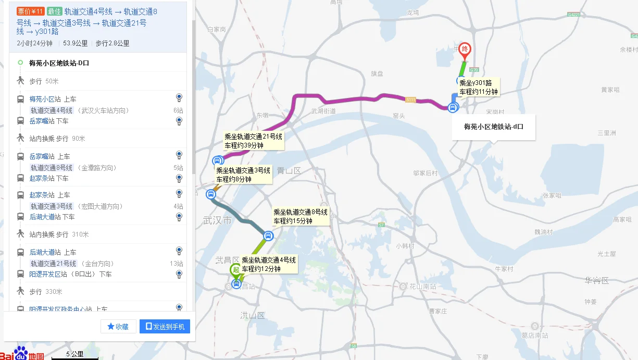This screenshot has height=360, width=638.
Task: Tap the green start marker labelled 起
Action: [236, 270]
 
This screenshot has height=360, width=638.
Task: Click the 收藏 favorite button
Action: [118, 327]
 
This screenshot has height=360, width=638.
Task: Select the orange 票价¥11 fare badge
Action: [30, 11]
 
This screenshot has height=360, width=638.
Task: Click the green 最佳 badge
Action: [54, 11]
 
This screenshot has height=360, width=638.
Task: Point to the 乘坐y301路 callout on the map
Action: [479, 87]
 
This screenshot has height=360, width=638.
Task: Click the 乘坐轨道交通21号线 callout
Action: [253, 141]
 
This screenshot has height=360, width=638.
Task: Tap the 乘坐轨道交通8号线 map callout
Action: [301, 216]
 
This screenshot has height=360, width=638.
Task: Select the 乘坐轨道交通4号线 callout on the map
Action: [269, 264]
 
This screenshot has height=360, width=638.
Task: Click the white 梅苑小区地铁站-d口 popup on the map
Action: [493, 127]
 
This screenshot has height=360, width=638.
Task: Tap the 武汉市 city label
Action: [217, 221]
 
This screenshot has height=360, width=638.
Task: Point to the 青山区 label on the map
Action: [289, 170]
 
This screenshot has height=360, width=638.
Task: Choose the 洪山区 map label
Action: [253, 315]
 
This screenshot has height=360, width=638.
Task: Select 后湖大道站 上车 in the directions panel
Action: [53, 252]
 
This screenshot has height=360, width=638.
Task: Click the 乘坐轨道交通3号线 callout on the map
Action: [243, 175]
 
